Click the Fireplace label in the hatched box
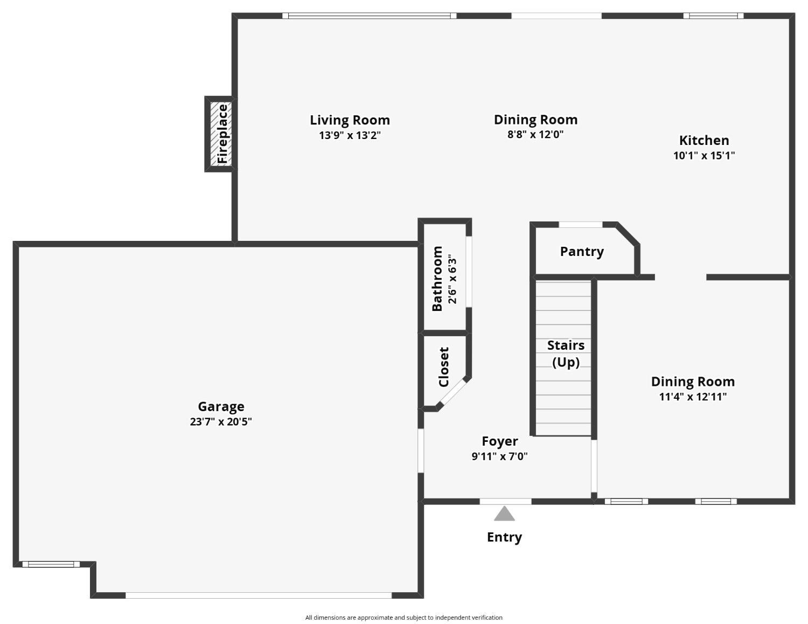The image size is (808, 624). pos(222,134)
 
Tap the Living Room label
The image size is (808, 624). pos(350,120)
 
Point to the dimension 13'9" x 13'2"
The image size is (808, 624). pos(350,135)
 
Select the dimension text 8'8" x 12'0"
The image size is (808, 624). pos(535,135)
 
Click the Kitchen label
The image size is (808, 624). pos(703,141)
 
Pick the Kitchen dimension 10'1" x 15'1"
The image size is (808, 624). pos(703,156)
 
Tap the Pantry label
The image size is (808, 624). pos(582,252)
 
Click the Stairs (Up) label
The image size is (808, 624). pos(566,353)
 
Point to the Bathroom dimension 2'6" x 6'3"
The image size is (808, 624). pos(452,279)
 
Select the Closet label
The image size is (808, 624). pos(444,367)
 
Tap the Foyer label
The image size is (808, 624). pos(499,441)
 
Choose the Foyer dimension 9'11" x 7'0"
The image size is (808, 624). pos(499,456)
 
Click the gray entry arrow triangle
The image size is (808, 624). pos(504,514)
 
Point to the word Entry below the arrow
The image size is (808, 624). pos(504,537)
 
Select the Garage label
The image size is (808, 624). pos(221,407)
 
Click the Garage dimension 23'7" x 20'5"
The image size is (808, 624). pos(221,422)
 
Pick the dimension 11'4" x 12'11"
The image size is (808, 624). pos(693,397)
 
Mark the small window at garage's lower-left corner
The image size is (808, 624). pos(51,564)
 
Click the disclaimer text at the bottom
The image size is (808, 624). pos(403,618)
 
